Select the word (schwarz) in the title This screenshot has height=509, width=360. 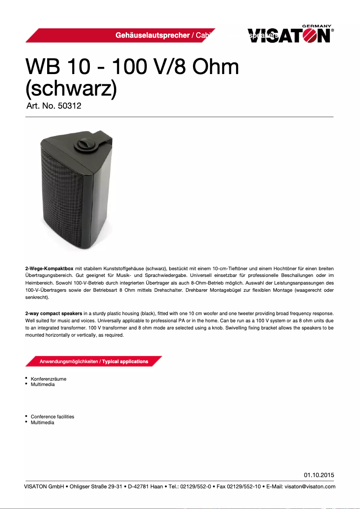coord(71,89)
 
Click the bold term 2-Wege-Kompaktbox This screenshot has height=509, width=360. coord(49,268)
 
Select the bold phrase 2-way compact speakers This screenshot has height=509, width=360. coord(53,312)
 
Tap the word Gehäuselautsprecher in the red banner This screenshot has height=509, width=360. coord(152,35)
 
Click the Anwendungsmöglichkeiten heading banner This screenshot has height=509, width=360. coord(94,361)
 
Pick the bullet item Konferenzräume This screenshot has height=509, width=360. coord(48,379)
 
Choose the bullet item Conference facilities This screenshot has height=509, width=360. coord(53,417)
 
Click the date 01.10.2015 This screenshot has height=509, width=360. coord(319,475)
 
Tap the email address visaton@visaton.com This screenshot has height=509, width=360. coord(310,486)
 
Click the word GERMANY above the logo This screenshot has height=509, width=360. coord(316,26)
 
